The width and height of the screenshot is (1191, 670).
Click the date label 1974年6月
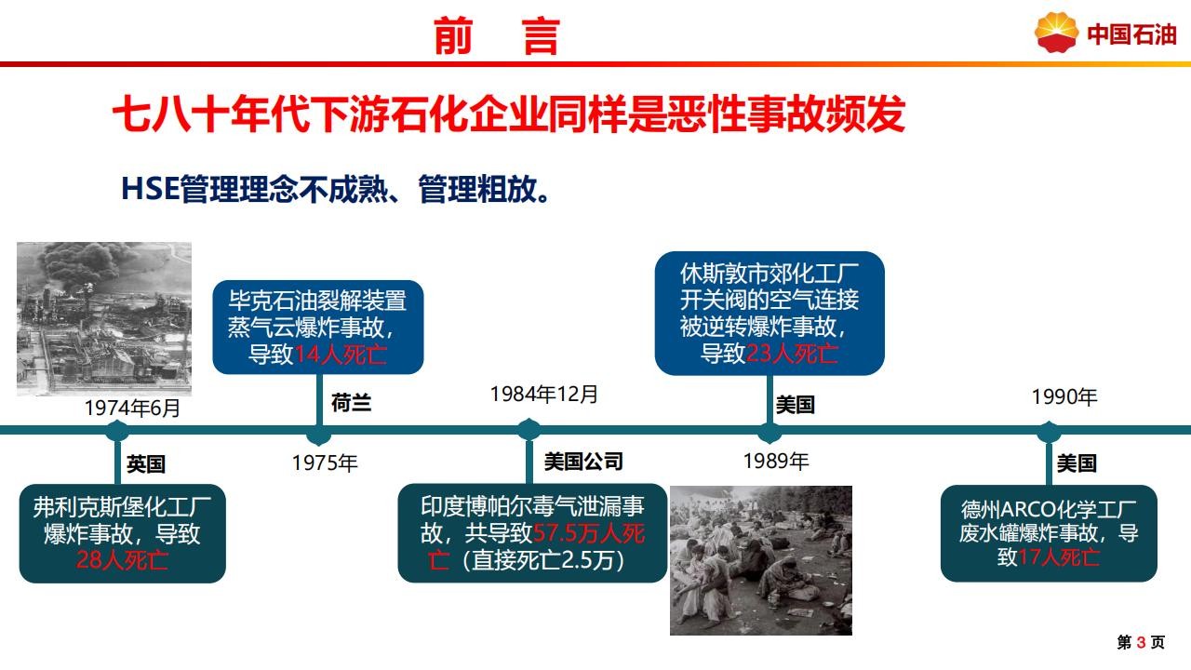(x=132, y=409)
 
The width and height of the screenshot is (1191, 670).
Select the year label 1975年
(x=325, y=462)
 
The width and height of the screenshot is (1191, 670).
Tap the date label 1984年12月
(x=544, y=395)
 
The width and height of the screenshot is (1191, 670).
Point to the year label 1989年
(x=776, y=461)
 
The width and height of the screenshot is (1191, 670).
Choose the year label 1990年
(x=1064, y=397)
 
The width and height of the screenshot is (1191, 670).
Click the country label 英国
(x=146, y=464)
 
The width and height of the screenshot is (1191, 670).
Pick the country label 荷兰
(x=351, y=403)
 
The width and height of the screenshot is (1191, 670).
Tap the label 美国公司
(x=583, y=462)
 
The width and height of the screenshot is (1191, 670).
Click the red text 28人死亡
(x=122, y=560)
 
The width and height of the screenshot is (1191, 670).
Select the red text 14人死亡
(x=341, y=355)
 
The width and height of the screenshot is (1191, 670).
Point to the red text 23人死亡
(x=792, y=354)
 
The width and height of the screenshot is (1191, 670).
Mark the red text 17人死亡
(x=1059, y=557)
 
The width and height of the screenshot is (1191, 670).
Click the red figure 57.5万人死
(x=589, y=533)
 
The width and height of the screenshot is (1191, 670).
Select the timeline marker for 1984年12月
(x=529, y=430)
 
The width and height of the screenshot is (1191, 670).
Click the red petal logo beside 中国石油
(x=1056, y=33)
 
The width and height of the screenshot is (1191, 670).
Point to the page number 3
(x=1141, y=642)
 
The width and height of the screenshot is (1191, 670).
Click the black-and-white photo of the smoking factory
(x=104, y=319)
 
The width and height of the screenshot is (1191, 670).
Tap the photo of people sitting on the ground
(x=761, y=560)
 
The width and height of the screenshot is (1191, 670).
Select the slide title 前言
(x=497, y=36)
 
